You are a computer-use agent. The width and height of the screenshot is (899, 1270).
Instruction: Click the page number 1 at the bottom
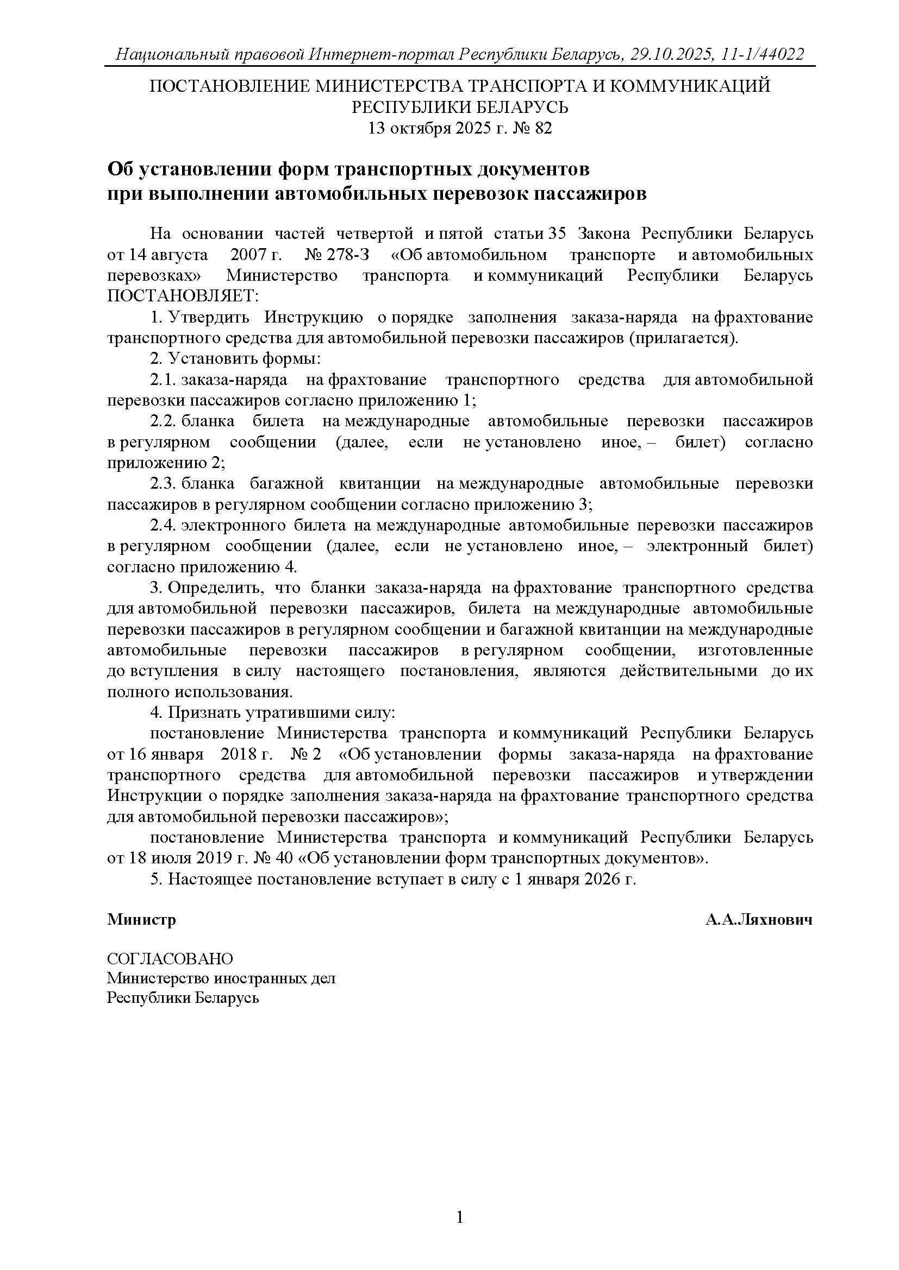coord(459,1217)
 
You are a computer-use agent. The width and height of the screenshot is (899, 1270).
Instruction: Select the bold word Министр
coord(142,920)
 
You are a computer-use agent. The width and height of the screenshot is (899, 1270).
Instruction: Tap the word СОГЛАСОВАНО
coord(170,958)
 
